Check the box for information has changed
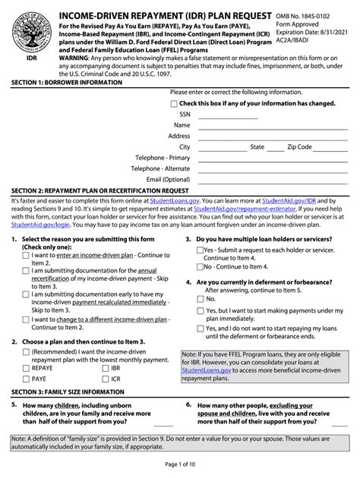174,103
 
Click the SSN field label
185,114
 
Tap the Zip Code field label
299,146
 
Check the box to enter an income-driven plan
27,256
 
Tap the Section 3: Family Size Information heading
68,392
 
